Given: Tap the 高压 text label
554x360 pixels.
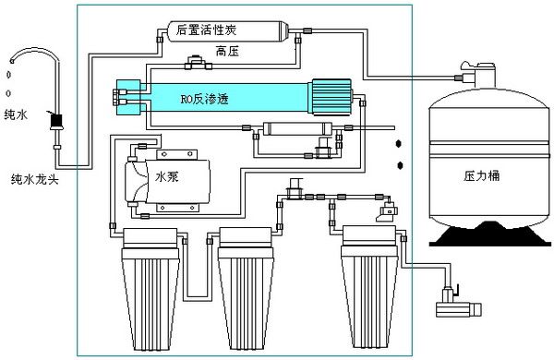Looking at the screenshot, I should tap(226, 50).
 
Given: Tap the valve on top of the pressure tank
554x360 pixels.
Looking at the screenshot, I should tap(481, 69).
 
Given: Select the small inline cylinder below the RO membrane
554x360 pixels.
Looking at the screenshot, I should tap(294, 127).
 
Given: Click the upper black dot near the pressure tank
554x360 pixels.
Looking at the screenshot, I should tap(400, 144).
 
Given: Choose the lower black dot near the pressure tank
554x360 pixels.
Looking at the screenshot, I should tap(400, 164).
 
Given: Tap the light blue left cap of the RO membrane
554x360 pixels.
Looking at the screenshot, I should tap(130, 95).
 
